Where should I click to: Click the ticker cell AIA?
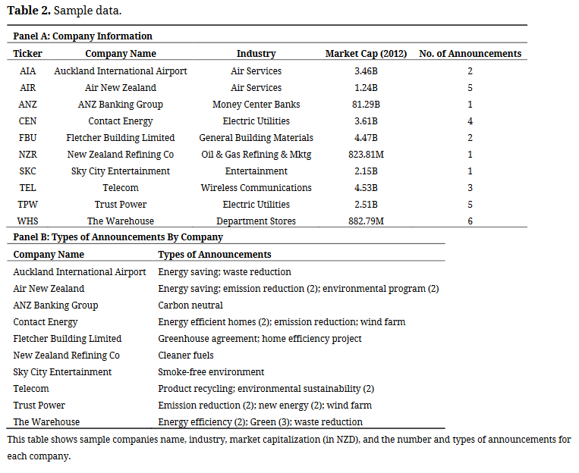27,71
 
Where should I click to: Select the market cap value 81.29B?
367,105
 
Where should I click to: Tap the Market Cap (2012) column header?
366,54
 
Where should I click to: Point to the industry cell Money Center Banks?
256,105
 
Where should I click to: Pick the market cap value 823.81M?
367,155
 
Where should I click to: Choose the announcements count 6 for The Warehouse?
470,221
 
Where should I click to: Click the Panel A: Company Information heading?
83,36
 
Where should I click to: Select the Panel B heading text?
118,237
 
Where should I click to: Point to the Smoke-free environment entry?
211,372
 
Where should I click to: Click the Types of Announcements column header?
215,255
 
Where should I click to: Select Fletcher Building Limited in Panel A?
121,138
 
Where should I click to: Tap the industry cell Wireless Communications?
256,188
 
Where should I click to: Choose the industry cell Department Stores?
256,221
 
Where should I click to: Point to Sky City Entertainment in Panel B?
62,372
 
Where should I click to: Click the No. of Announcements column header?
470,54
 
